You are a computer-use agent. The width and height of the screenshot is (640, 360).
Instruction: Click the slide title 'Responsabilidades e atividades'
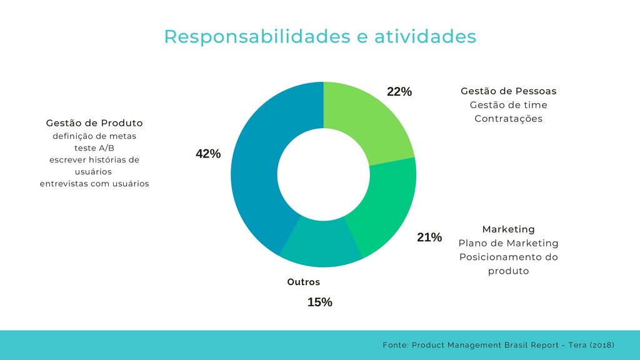pyautogui.click(x=320, y=36)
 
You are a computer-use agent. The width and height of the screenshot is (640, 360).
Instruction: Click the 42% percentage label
pyautogui.click(x=208, y=154)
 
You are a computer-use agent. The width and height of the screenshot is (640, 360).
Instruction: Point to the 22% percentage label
pyautogui.click(x=399, y=92)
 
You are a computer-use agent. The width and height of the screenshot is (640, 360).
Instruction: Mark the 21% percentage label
pyautogui.click(x=429, y=237)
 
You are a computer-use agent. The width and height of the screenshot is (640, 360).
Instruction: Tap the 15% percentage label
pyautogui.click(x=320, y=302)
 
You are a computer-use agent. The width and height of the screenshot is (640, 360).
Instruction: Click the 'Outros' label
pyautogui.click(x=303, y=282)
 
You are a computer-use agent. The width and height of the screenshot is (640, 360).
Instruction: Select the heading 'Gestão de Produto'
pyautogui.click(x=94, y=122)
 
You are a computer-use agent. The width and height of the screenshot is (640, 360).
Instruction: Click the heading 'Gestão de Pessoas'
pyautogui.click(x=508, y=91)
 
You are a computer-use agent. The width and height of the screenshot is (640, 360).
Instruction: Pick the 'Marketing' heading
pyautogui.click(x=508, y=229)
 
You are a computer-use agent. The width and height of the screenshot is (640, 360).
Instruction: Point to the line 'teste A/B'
pyautogui.click(x=94, y=148)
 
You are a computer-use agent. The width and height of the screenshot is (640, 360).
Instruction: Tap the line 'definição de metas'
pyautogui.click(x=94, y=136)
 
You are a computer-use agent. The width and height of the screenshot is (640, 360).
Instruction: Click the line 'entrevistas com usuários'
pyautogui.click(x=94, y=184)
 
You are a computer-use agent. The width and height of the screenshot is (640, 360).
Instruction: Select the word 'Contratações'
pyautogui.click(x=508, y=119)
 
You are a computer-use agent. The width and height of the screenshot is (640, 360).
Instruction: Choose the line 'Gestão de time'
pyautogui.click(x=508, y=105)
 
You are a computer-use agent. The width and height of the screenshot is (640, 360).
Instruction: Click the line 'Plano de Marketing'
pyautogui.click(x=508, y=243)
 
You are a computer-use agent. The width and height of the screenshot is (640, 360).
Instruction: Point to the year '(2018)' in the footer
pyautogui.click(x=601, y=345)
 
